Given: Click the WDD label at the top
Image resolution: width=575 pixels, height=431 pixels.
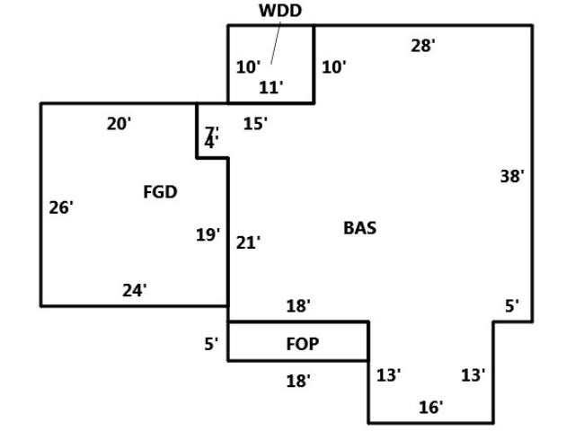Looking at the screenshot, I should click(280, 11).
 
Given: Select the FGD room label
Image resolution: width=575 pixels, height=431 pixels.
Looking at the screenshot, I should click(160, 191).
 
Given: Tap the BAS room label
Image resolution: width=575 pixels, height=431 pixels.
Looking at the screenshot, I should click(359, 228).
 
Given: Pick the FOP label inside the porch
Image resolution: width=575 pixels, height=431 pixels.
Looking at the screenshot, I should click(302, 344).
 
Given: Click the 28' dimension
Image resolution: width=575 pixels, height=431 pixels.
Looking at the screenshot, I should click(423, 46).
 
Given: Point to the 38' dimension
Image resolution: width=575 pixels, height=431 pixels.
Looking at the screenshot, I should click(512, 177).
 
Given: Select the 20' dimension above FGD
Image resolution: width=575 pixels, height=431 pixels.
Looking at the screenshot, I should click(119, 124).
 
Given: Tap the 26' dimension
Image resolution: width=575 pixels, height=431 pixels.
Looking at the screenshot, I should click(61, 207).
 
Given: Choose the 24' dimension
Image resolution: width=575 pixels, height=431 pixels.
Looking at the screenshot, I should click(135, 290).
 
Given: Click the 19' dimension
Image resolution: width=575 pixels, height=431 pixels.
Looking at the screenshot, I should click(208, 235).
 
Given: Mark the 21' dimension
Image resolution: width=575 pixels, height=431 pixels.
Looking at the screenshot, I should click(249, 242).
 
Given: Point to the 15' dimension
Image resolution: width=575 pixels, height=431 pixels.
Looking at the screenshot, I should click(255, 124).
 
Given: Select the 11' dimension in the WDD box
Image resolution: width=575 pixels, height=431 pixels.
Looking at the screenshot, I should click(271, 87).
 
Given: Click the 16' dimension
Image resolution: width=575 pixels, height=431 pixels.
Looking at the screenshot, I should click(431, 408).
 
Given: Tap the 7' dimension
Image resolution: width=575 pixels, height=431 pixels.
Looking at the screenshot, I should click(211, 132).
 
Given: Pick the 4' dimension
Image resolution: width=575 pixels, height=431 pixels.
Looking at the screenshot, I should click(210, 143).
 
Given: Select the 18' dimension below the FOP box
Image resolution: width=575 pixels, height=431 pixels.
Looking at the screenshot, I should click(298, 381).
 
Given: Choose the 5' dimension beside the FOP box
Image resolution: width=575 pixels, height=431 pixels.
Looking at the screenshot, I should click(211, 343).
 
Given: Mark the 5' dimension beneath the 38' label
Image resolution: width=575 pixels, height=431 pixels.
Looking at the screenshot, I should click(512, 306).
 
